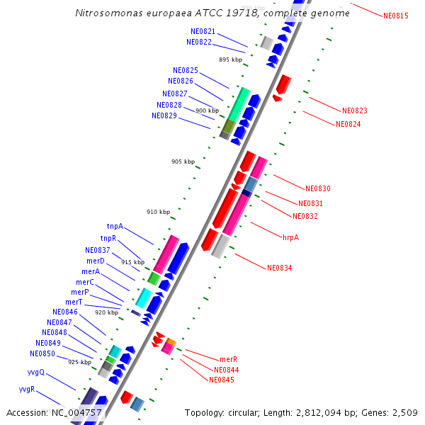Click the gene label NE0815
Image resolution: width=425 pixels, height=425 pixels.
tap(395, 16)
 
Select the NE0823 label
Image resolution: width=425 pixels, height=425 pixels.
tap(354, 110)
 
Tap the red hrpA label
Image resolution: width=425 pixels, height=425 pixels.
tap(290, 237)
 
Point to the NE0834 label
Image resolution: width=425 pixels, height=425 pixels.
tap(279, 268)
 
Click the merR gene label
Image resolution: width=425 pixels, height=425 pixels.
tap(228, 360)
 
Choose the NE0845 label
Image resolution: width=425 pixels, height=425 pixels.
tap(222, 380)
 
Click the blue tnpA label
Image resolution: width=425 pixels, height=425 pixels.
tap(115, 227)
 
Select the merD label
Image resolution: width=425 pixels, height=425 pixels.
tap(96, 261)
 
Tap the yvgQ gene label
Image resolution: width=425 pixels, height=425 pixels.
tap(35, 372)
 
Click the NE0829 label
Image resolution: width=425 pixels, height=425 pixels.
tap(164, 115)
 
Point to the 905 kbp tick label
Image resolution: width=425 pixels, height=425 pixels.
tap(183, 161)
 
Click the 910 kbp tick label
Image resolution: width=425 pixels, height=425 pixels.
tap(159, 212)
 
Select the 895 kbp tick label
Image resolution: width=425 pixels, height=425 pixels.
tap(230, 59)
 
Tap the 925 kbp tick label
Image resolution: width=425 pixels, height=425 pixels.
tap(80, 362)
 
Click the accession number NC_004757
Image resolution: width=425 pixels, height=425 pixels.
tap(76, 412)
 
